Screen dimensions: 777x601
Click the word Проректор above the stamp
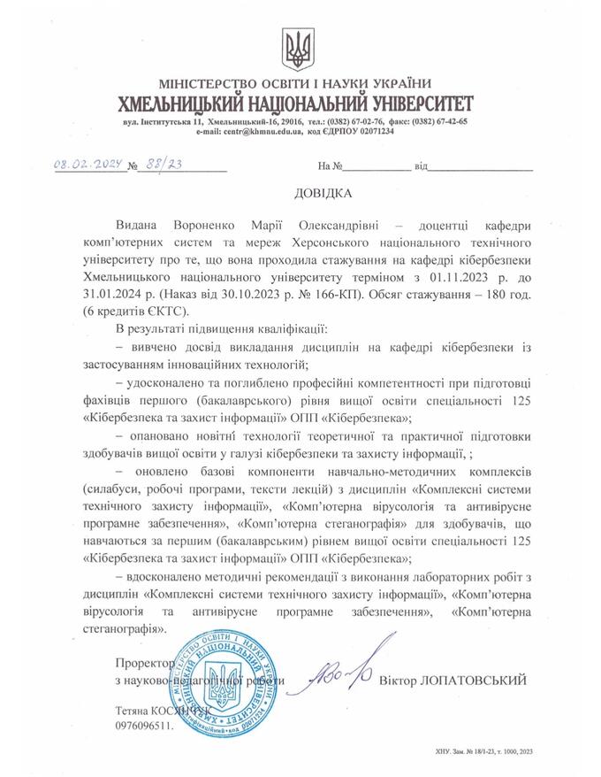[x=141, y=663]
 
